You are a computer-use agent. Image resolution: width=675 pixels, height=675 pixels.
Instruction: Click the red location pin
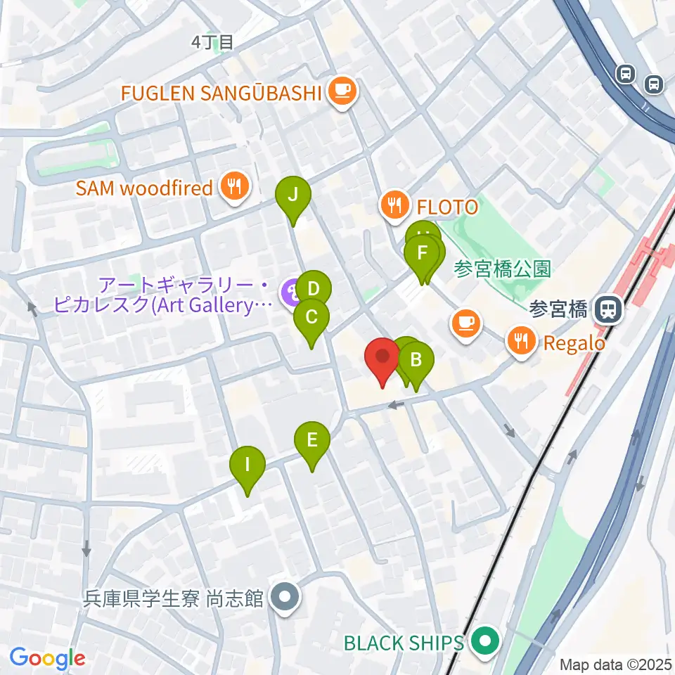pyautogui.click(x=383, y=356)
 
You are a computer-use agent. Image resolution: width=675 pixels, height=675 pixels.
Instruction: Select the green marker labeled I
pyautogui.click(x=247, y=465)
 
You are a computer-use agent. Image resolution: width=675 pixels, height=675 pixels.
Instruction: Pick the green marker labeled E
pyautogui.click(x=312, y=442)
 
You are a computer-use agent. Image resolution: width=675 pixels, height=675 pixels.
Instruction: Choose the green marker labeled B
pyautogui.click(x=416, y=361)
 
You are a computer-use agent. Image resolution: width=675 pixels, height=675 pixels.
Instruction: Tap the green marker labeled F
pyautogui.click(x=423, y=253)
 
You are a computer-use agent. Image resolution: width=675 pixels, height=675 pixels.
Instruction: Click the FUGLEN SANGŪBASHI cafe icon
pyautogui.click(x=342, y=91)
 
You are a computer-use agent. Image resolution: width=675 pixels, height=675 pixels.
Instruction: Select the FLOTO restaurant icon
pyautogui.click(x=392, y=206)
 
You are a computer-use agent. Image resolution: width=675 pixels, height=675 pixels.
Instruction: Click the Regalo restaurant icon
pyautogui.click(x=520, y=342)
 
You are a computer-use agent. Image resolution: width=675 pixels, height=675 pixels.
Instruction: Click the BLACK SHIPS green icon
pyautogui.click(x=484, y=642)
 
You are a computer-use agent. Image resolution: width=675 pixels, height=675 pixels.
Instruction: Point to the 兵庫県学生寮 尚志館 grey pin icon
pyautogui.click(x=285, y=598)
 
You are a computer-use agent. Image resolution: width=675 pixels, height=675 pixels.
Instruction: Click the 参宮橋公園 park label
pyautogui.click(x=502, y=269)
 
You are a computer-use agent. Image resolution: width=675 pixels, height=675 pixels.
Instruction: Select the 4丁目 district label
pyautogui.click(x=212, y=42)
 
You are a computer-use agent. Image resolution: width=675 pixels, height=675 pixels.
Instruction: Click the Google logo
pyautogui.click(x=47, y=659)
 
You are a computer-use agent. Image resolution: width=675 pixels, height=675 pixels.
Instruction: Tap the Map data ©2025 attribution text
pyautogui.click(x=615, y=664)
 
